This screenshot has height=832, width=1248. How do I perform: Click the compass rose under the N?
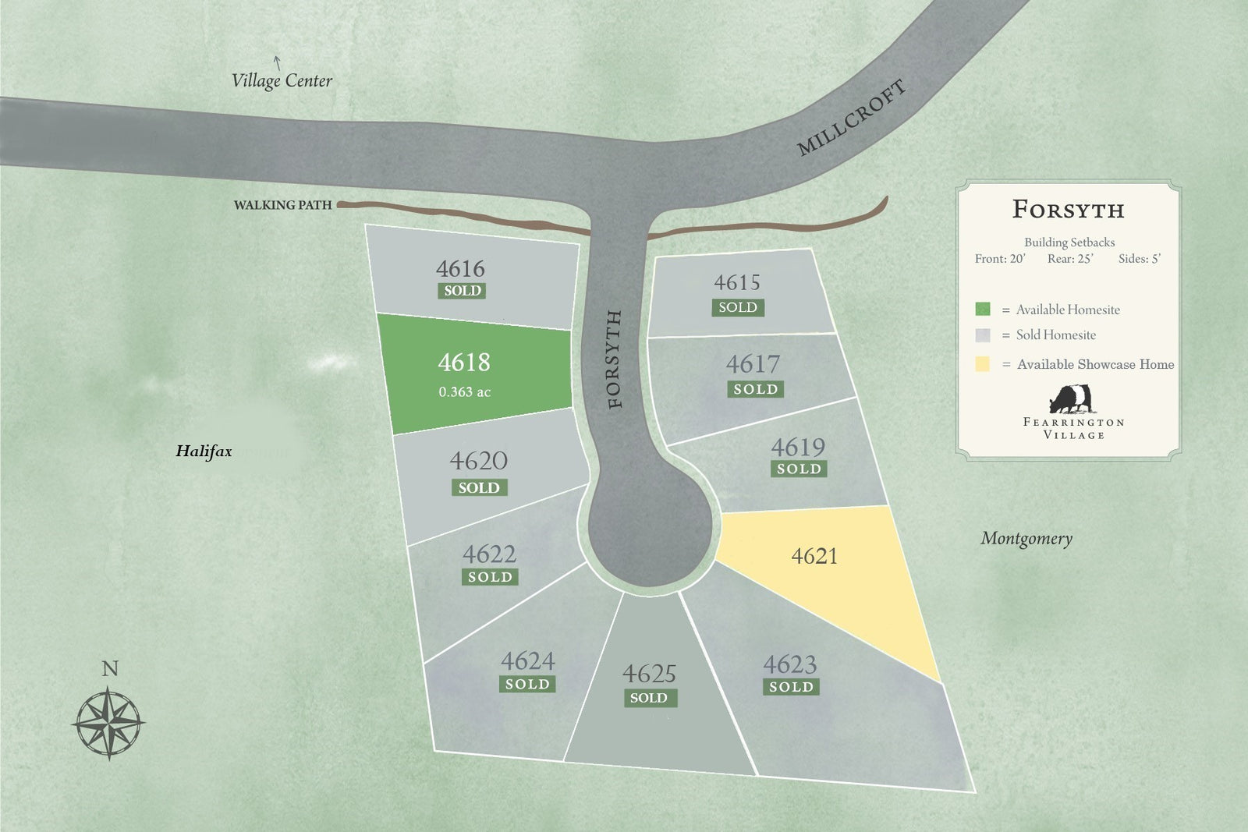click(109, 722)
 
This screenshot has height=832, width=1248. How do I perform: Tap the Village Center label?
click(282, 80)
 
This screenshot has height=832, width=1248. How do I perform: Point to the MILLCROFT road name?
click(851, 117)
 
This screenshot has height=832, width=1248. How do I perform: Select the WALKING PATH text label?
click(282, 205)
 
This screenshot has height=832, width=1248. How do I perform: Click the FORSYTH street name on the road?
click(615, 359)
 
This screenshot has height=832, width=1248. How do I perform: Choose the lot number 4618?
click(464, 363)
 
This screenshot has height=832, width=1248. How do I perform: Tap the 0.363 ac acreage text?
click(464, 392)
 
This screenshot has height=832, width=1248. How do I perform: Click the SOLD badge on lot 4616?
click(463, 291)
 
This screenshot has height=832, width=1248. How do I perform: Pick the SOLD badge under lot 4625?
click(649, 698)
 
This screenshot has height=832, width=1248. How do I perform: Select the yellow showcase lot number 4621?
click(814, 556)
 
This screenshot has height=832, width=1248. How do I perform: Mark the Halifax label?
click(204, 451)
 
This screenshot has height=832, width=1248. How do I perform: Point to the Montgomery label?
click(1026, 538)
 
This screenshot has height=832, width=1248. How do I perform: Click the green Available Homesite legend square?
click(983, 309)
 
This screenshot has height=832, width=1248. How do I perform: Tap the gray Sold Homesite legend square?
click(983, 335)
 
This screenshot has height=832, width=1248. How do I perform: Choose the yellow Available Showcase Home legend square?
click(983, 363)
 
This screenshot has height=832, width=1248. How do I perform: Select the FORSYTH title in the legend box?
click(1069, 210)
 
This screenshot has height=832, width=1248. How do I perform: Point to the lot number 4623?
click(790, 664)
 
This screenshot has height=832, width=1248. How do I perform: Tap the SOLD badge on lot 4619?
click(799, 469)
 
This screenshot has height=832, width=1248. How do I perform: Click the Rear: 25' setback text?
click(1070, 259)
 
